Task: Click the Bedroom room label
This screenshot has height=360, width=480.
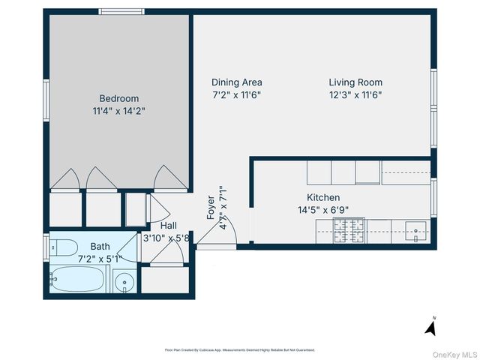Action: coord(119,98)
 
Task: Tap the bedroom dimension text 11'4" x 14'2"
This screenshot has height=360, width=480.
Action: coord(119,111)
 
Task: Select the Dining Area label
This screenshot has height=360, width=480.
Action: coord(236,82)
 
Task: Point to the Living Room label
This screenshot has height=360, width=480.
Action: coord(355,82)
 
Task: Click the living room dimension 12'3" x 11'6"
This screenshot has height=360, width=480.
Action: coord(355,95)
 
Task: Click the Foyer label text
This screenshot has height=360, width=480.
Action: coord(211,206)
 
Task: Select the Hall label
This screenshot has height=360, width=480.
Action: coord(169,226)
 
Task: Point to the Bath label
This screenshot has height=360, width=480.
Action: coord(100,246)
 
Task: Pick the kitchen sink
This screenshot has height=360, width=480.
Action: coord(416,229)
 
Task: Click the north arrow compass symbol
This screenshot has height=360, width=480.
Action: coord(430,326)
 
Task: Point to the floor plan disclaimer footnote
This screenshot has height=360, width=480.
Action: coord(239,349)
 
